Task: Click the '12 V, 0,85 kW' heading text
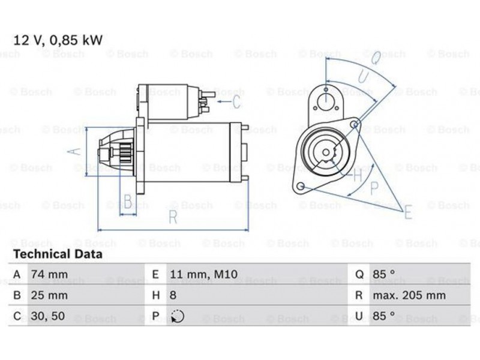click(x=58, y=40)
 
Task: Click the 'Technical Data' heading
click(x=58, y=254)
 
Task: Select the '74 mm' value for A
click(x=49, y=274)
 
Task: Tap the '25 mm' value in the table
click(x=49, y=295)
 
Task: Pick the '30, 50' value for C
click(x=48, y=316)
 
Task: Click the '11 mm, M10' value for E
click(x=203, y=274)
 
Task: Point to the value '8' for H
click(x=173, y=295)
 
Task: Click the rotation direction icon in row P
click(x=178, y=316)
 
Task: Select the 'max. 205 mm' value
click(x=409, y=295)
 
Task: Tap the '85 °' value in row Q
click(x=383, y=274)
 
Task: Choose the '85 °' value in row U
click(x=383, y=316)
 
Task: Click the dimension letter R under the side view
click(x=173, y=217)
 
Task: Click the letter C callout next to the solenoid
click(x=236, y=101)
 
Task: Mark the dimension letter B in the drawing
click(x=128, y=202)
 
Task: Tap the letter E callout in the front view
click(x=408, y=212)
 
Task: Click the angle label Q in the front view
click(x=376, y=58)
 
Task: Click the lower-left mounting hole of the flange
click(x=301, y=185)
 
